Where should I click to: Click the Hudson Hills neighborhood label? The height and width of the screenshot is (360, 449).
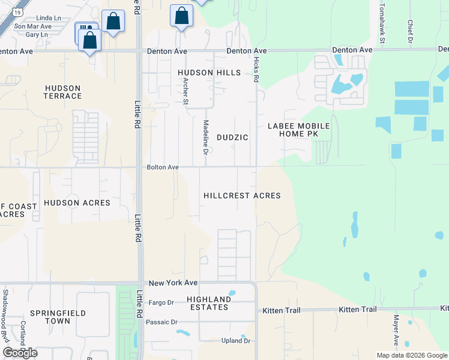click(x=209, y=73)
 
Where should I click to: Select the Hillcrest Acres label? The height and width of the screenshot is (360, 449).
click(x=242, y=196)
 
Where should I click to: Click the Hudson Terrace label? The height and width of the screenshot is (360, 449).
click(x=63, y=92)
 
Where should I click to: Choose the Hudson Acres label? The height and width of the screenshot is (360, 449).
click(x=77, y=203)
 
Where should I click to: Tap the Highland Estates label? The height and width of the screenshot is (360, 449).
click(x=208, y=303)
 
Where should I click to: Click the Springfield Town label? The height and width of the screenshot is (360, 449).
click(x=59, y=317)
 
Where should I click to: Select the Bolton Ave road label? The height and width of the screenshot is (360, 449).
click(x=163, y=167)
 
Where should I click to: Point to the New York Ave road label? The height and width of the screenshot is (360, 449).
click(x=173, y=283)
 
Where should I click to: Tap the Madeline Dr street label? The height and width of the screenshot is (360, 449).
click(x=206, y=138)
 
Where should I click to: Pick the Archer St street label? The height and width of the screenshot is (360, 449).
click(x=185, y=90)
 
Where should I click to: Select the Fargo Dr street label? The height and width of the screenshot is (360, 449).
click(x=161, y=302)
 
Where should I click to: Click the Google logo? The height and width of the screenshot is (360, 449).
click(x=20, y=352)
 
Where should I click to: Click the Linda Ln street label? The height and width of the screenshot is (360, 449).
click(x=49, y=19)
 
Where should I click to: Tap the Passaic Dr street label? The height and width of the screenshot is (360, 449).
click(x=163, y=322)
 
